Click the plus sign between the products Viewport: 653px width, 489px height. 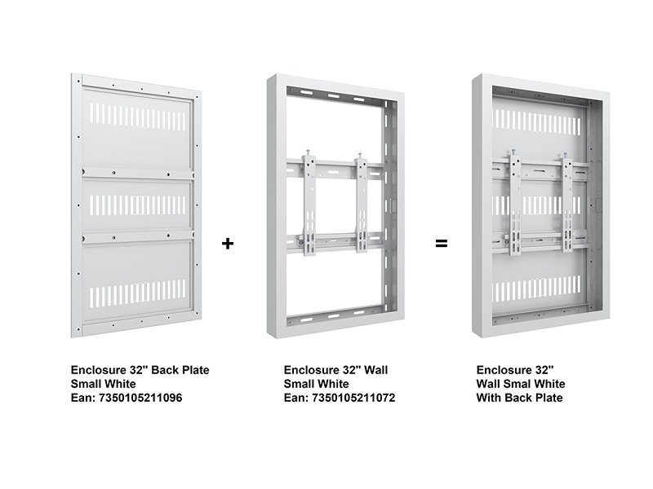(228, 243)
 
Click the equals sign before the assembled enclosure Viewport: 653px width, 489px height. (442, 243)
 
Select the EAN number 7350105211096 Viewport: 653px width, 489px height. (140, 398)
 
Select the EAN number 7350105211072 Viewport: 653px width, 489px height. (353, 398)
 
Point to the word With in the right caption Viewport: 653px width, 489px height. (488, 398)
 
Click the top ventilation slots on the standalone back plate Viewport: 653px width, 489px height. (138, 116)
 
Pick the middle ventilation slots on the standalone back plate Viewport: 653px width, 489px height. (138, 203)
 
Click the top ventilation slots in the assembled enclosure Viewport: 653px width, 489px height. (536, 121)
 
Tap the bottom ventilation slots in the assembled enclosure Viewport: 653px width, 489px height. (536, 290)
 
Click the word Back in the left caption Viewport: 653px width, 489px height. (163, 370)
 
